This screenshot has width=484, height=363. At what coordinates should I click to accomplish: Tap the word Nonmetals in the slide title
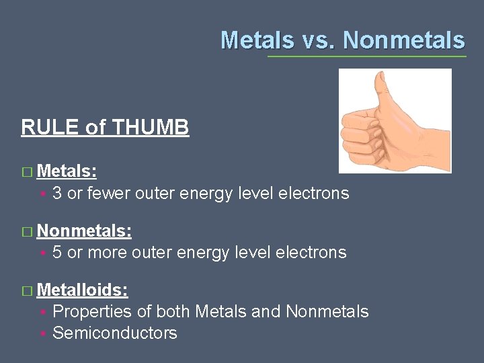(x=403, y=40)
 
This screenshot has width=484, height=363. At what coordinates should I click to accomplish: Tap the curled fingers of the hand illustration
(x=356, y=138)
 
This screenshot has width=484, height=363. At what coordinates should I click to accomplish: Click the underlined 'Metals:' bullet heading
(x=67, y=171)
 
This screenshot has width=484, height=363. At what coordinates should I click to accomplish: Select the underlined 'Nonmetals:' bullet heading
(x=84, y=231)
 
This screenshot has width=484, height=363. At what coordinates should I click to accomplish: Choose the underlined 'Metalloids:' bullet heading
(x=83, y=290)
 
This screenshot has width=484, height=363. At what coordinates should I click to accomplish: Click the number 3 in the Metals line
(x=57, y=194)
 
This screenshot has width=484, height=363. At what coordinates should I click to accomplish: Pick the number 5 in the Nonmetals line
(x=57, y=253)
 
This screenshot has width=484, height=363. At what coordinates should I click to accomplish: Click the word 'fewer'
(x=110, y=194)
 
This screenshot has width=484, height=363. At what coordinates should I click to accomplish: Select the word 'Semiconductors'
(x=115, y=333)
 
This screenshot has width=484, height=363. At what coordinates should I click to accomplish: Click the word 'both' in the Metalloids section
(x=173, y=311)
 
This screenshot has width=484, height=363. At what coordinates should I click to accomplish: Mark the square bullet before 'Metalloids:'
(x=26, y=291)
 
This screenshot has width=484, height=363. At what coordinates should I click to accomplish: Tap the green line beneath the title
(x=366, y=56)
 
